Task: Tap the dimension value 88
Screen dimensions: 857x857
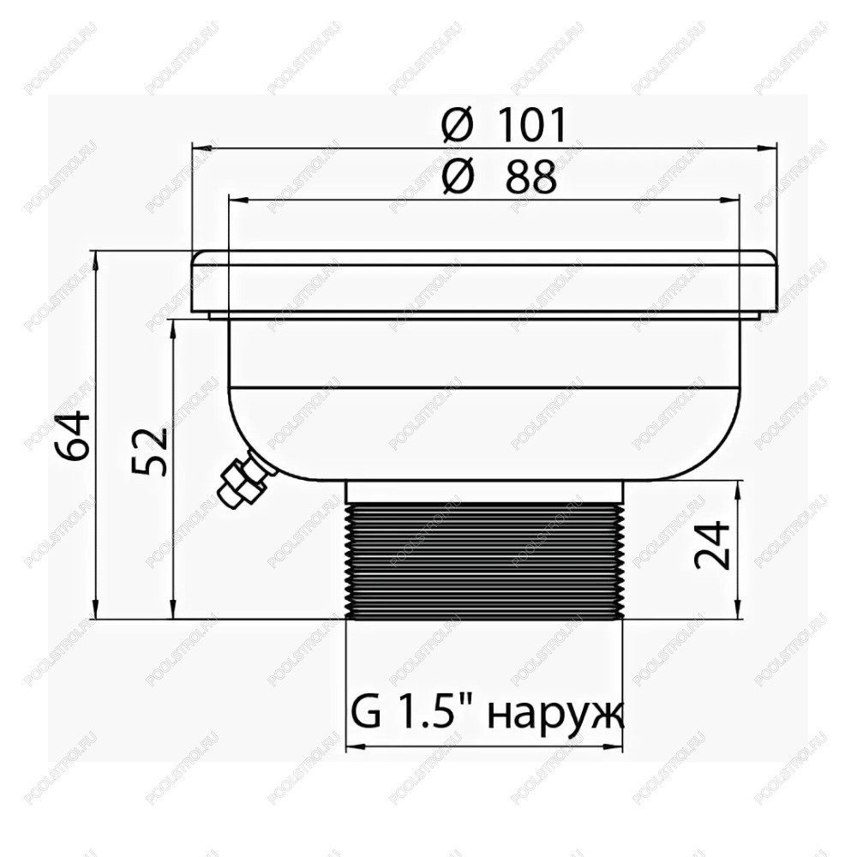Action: [531, 177]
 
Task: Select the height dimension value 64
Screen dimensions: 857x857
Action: [73, 435]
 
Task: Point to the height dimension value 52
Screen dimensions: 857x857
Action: [148, 451]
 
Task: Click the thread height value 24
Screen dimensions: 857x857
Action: [712, 545]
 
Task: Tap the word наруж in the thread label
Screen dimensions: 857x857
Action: [554, 716]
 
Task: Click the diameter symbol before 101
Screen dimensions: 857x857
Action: [457, 125]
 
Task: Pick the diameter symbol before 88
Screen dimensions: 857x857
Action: [457, 177]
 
